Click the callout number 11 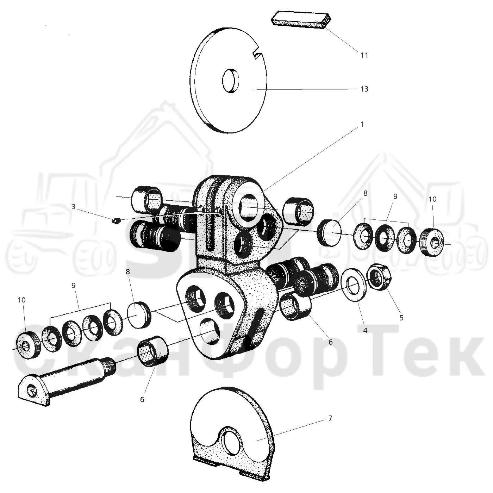(364, 55)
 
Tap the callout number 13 (364, 89)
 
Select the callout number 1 (362, 124)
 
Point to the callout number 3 (74, 206)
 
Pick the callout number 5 (401, 318)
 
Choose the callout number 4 (365, 331)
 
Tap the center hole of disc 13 (231, 81)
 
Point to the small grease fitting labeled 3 (117, 220)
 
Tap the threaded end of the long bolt (110, 365)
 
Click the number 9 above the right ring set (395, 196)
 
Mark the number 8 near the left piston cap (128, 272)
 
